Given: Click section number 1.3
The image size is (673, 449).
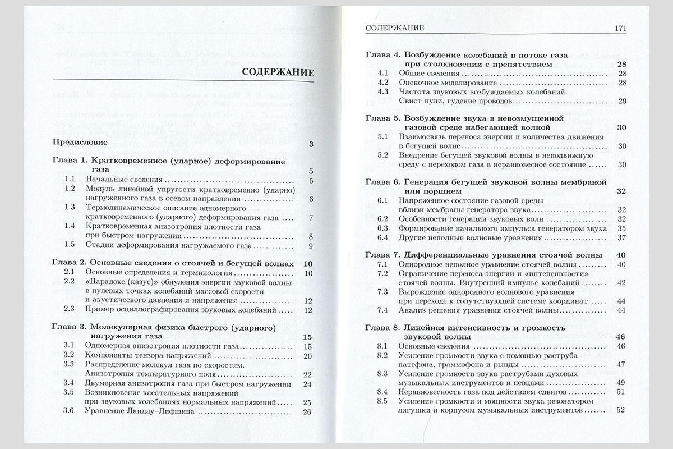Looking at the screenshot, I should (70, 207).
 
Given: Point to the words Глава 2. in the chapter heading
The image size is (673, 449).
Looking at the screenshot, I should (68, 264).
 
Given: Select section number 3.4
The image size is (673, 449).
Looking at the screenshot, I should (70, 383).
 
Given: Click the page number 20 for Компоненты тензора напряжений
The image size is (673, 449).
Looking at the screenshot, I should (306, 355).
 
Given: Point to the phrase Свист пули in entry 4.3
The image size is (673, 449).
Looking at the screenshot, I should (420, 101).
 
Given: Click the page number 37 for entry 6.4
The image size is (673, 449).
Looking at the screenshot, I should (621, 237).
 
